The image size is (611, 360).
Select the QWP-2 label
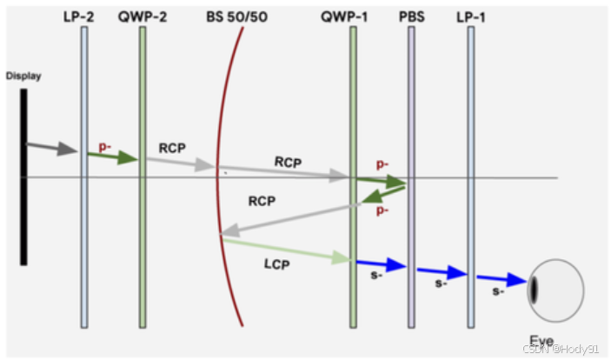point(142,17)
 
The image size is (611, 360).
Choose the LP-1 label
point(471,17)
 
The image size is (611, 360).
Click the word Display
point(23,76)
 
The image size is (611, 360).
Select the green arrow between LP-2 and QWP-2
point(113,157)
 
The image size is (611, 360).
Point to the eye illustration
point(555,289)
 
